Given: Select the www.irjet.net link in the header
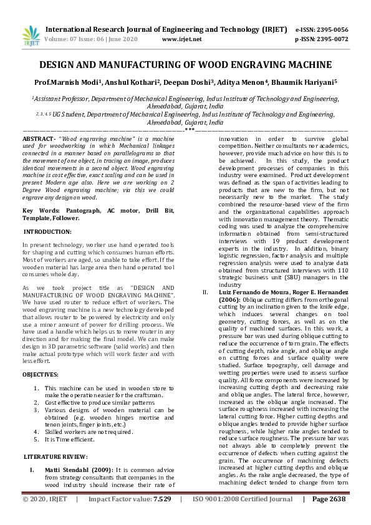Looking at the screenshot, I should pyautogui.click(x=181, y=39).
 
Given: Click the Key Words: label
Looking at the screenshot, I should pyautogui.click(x=42, y=211).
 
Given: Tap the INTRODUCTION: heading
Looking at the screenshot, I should pyautogui.click(x=47, y=231).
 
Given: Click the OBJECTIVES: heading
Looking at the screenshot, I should pyautogui.click(x=41, y=374).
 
